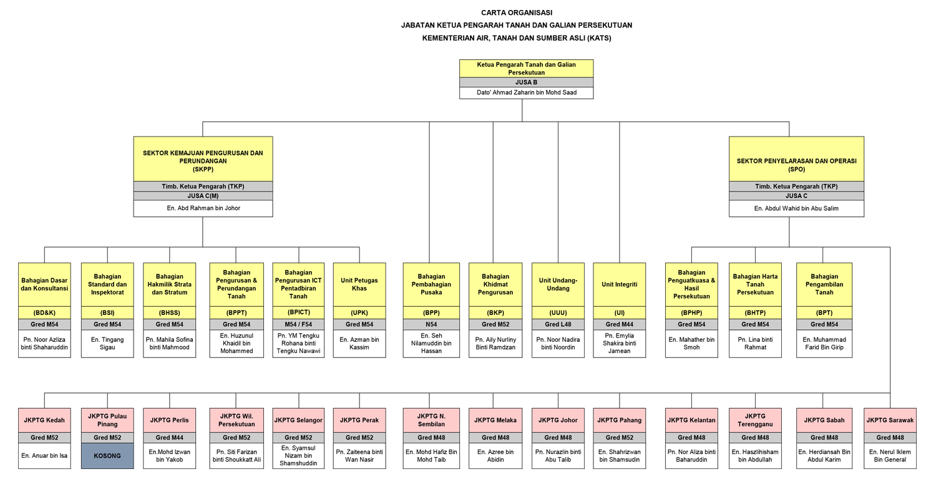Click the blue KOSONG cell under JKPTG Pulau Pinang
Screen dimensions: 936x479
[107, 456]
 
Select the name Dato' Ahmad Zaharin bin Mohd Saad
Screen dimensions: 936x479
[527, 93]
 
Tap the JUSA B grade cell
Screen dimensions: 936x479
[527, 82]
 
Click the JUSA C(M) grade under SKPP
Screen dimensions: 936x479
[203, 196]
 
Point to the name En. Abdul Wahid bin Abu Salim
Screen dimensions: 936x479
[796, 208]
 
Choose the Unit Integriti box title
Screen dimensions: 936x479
[619, 284]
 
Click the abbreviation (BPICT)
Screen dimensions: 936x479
[298, 312]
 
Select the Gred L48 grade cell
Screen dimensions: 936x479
[558, 324]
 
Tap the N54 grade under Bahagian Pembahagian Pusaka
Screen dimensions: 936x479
[431, 324]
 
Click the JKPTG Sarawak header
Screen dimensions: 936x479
[890, 420]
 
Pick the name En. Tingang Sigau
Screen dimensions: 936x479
[107, 343]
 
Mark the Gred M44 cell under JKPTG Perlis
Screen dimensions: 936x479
[170, 438]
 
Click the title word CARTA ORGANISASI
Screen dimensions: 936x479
[517, 13]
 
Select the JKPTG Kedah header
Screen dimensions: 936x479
[44, 420]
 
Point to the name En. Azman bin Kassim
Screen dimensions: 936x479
[359, 343]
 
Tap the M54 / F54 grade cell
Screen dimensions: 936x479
[298, 324]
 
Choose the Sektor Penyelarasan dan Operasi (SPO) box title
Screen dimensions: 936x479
[796, 165]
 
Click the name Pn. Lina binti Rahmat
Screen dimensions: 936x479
[755, 343]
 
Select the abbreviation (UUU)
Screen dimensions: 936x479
[558, 313]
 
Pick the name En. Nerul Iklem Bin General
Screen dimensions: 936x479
[890, 456]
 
